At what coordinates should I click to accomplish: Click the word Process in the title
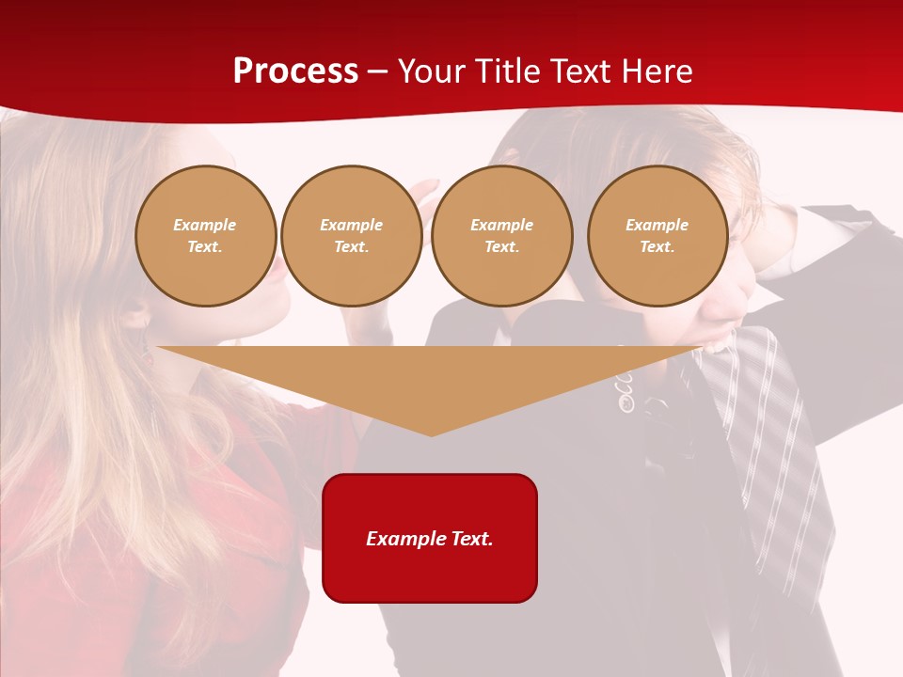point(295,71)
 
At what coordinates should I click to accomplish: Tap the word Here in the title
point(657,71)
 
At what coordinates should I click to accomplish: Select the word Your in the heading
point(433,71)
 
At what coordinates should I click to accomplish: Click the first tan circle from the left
point(205,236)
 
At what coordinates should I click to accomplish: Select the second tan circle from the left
point(351,236)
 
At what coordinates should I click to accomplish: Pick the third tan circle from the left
point(501,236)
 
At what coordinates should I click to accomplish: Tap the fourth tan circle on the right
point(657,236)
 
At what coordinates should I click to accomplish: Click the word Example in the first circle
point(205,225)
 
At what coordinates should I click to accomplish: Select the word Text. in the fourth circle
point(657,247)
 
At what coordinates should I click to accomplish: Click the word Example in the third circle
point(501,225)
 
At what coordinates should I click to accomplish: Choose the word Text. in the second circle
point(351,247)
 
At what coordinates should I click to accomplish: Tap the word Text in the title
point(585,71)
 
